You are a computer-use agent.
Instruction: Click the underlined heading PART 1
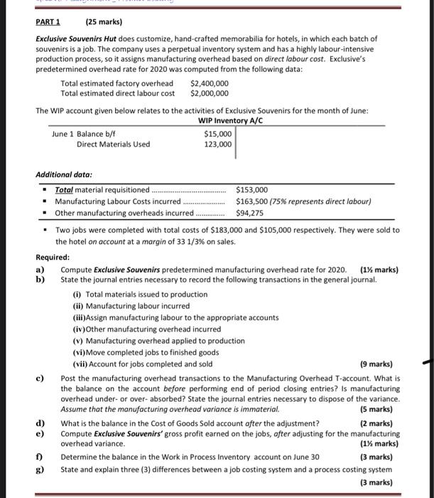tap(48, 21)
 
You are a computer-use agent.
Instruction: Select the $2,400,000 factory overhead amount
tap(210, 83)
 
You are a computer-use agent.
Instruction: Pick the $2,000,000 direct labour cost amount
tap(210, 93)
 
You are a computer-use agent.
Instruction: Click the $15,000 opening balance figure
tap(217, 134)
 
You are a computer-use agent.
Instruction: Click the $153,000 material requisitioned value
tap(252, 190)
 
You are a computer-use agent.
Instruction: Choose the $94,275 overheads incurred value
tap(249, 213)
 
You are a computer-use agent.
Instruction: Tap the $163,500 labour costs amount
tap(252, 201)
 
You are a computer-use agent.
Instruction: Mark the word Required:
tap(53, 257)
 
